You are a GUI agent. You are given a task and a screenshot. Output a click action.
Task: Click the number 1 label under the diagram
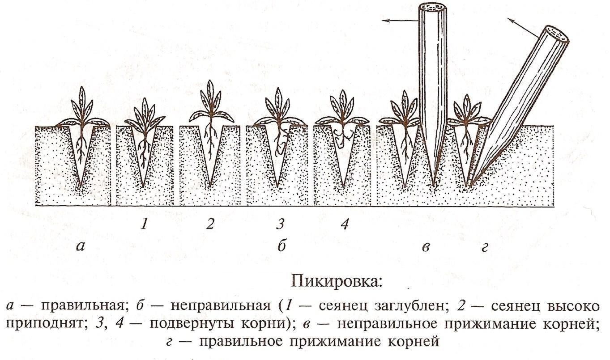click(144, 224)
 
